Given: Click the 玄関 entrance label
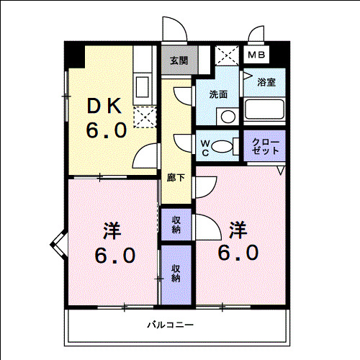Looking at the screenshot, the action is (179, 60).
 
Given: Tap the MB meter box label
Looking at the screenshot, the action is (256, 55).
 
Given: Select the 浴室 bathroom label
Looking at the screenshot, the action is (266, 82).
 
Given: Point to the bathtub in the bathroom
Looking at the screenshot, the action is (264, 109).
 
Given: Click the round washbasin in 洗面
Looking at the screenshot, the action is (228, 117).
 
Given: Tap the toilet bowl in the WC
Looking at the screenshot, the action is (222, 146).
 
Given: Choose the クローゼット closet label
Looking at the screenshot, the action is (266, 146).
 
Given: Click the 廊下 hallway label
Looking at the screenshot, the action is (176, 178).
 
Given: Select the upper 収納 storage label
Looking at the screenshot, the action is (176, 225).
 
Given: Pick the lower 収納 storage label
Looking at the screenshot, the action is (176, 273).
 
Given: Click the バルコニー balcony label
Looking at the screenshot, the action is (171, 325).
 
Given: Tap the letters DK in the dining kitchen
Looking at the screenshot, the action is (104, 106).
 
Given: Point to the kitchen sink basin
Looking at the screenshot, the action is (142, 87).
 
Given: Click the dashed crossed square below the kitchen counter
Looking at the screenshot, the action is (145, 117).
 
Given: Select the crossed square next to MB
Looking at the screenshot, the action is (227, 55).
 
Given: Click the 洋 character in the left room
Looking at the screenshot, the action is (112, 230).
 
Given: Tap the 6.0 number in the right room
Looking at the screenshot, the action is (238, 253).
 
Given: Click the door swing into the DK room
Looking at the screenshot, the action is (145, 156).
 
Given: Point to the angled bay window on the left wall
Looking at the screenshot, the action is (58, 245).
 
